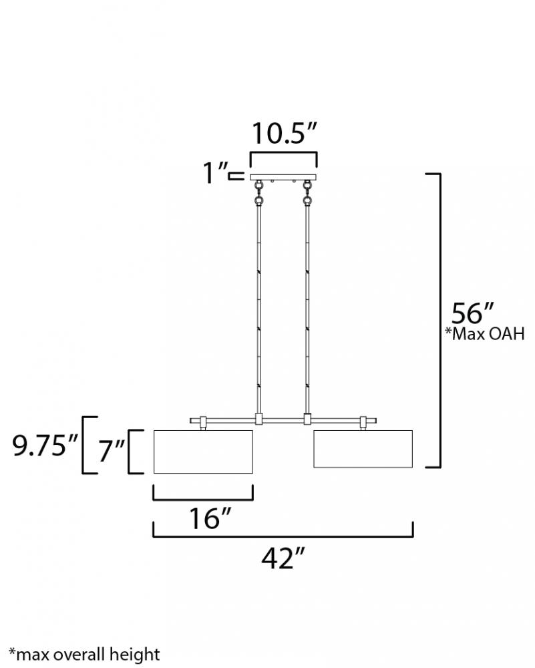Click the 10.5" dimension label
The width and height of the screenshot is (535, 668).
(284, 133)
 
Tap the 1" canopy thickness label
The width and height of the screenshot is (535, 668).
(215, 173)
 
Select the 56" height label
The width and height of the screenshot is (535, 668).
(472, 313)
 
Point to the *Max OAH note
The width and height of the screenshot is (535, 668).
(485, 333)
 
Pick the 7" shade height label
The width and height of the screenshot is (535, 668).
(111, 451)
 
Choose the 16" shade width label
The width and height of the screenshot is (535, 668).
(210, 518)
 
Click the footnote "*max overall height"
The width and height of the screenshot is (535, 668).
(84, 654)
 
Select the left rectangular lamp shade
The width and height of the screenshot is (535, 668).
(203, 452)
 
